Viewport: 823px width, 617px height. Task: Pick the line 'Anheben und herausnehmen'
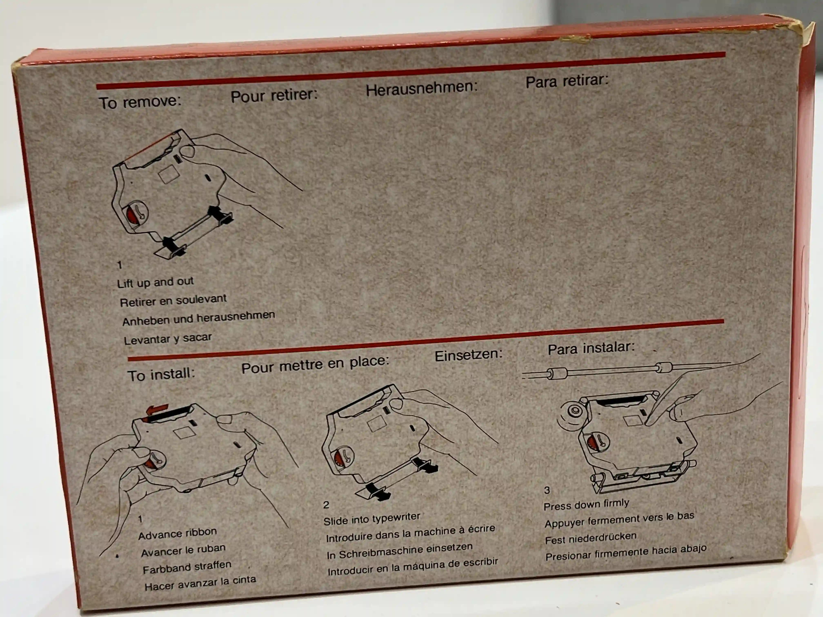[x=199, y=318]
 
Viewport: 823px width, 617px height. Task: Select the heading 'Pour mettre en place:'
[x=315, y=364]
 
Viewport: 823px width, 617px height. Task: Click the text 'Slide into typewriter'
[x=372, y=518]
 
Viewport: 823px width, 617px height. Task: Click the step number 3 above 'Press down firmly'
[x=547, y=490]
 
